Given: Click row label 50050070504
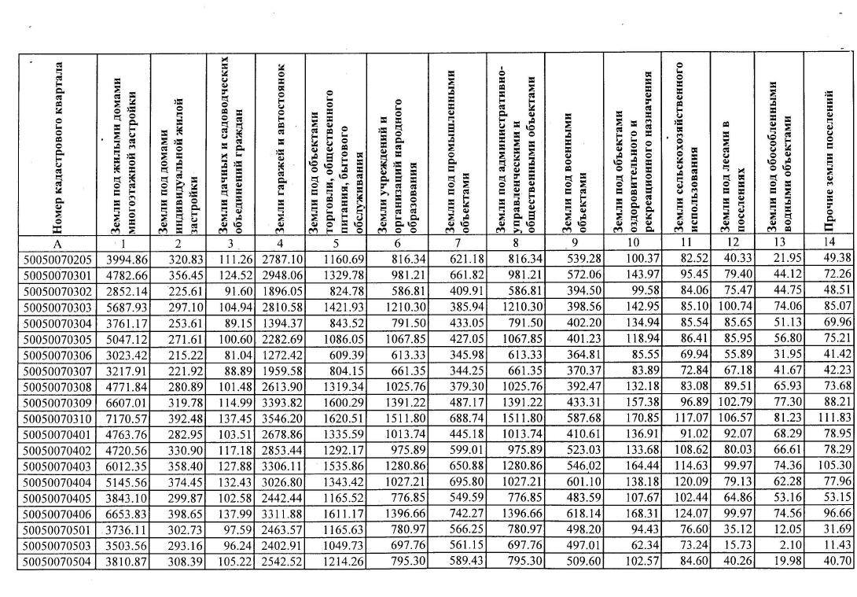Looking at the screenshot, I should (60, 583).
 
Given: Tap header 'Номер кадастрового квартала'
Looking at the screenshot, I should (58, 146).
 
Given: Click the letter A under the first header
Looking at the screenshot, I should (58, 244).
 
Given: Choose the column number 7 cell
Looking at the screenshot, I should (458, 244).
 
